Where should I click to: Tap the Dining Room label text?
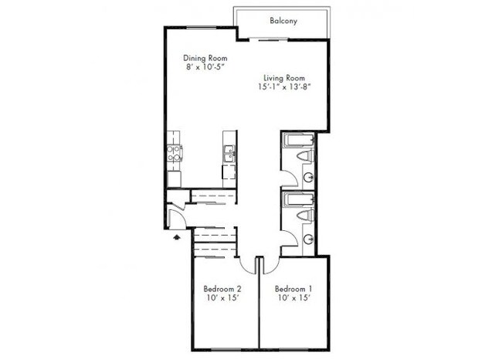point(203,57)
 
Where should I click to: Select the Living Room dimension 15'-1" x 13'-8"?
point(283,87)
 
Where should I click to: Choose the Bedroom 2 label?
point(222,289)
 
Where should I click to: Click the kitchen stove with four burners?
point(175,153)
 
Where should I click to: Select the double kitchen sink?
point(229,155)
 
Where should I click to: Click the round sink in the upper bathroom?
point(309,176)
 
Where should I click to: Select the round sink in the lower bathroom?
point(309,238)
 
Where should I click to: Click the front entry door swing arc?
point(175,212)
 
